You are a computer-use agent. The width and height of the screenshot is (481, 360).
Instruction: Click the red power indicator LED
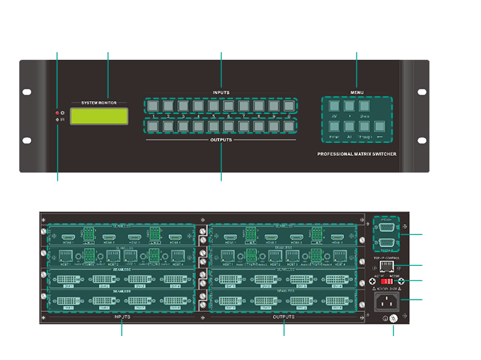pos(58,112)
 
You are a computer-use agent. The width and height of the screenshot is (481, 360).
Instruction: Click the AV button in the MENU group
pos(334,106)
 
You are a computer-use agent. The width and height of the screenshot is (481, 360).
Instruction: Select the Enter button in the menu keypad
pos(334,127)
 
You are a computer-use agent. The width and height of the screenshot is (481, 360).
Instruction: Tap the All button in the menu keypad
pos(349,127)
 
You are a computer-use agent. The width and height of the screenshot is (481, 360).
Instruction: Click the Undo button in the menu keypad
pos(364,106)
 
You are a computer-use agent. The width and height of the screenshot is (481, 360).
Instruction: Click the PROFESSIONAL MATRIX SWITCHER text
pos(357,155)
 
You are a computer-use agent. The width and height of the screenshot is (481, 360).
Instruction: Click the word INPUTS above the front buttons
pos(221,91)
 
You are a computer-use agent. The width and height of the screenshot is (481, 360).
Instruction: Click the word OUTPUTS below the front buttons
pos(221,139)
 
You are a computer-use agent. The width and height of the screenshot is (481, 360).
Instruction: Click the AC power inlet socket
pos(388,300)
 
